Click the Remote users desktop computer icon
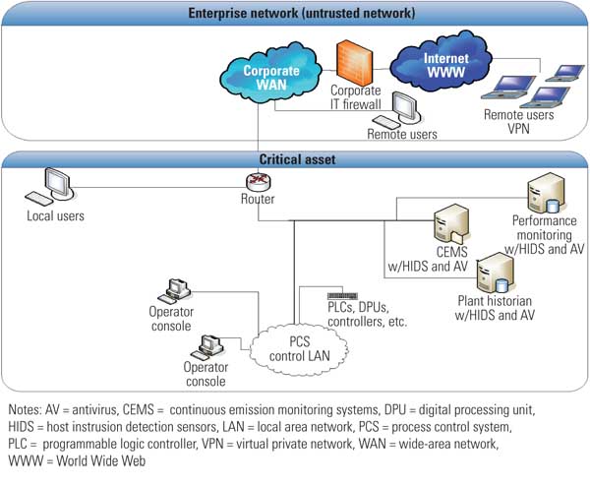[x=406, y=110]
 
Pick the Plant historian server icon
[x=494, y=273]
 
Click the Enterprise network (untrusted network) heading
[x=295, y=12]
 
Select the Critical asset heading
[x=295, y=158]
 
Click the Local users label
[x=55, y=215]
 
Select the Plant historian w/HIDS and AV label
[x=496, y=308]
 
